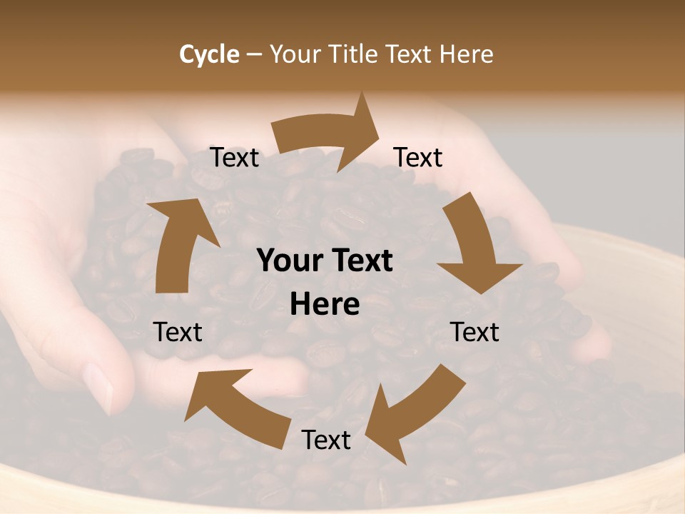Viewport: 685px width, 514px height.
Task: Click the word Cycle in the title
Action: click(x=209, y=54)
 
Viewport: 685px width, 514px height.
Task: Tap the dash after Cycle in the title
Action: click(x=255, y=55)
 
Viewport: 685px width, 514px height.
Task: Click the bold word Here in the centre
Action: click(x=325, y=305)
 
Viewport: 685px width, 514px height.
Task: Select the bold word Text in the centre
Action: click(x=362, y=261)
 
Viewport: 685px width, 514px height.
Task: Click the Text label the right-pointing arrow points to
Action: click(x=418, y=158)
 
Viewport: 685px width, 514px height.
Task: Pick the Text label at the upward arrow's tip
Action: click(x=234, y=158)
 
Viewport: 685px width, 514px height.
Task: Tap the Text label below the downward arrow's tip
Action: click(x=475, y=332)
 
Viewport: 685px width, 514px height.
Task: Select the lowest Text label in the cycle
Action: click(x=326, y=440)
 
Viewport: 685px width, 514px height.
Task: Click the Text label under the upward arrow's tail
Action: click(x=178, y=332)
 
